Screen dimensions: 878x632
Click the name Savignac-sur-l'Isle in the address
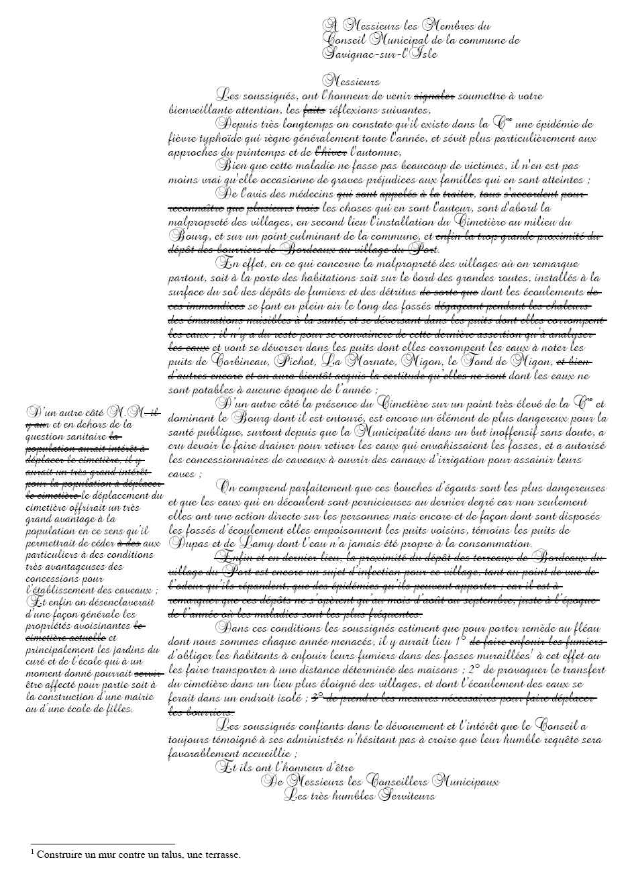click(380, 54)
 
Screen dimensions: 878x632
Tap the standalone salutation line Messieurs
click(351, 82)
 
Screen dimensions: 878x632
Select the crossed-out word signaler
click(435, 96)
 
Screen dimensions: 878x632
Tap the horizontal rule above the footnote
click(103, 844)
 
